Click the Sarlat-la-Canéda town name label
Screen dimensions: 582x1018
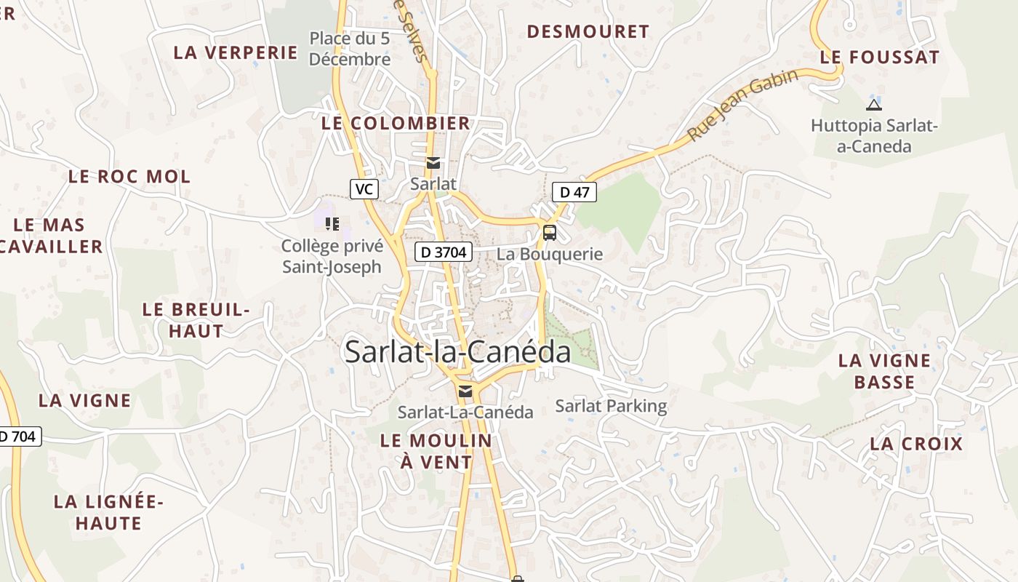pyautogui.click(x=458, y=352)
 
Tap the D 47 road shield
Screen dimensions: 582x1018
pyautogui.click(x=574, y=192)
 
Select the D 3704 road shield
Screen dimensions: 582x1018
pyautogui.click(x=444, y=252)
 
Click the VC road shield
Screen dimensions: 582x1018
pyautogui.click(x=364, y=189)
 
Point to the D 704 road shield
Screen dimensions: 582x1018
pyautogui.click(x=19, y=436)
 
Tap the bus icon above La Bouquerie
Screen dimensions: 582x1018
pyautogui.click(x=550, y=233)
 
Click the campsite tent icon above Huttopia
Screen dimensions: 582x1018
pyautogui.click(x=874, y=105)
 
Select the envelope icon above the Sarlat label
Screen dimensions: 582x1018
pyautogui.click(x=433, y=162)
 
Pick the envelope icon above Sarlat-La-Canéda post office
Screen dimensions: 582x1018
pyautogui.click(x=465, y=391)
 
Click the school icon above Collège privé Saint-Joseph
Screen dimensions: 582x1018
pyautogui.click(x=332, y=224)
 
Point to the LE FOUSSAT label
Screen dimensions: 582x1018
pyautogui.click(x=880, y=57)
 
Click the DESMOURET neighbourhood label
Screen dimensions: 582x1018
pyautogui.click(x=588, y=31)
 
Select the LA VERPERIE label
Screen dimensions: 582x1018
pyautogui.click(x=236, y=52)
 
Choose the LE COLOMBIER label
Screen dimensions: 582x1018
pyautogui.click(x=396, y=123)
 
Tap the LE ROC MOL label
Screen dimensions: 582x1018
pyautogui.click(x=129, y=176)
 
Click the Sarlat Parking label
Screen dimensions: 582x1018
pyautogui.click(x=611, y=406)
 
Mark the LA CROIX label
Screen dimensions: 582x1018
pyautogui.click(x=916, y=444)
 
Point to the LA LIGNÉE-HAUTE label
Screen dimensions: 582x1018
pyautogui.click(x=108, y=512)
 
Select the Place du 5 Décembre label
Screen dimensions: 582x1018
pyautogui.click(x=350, y=49)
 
